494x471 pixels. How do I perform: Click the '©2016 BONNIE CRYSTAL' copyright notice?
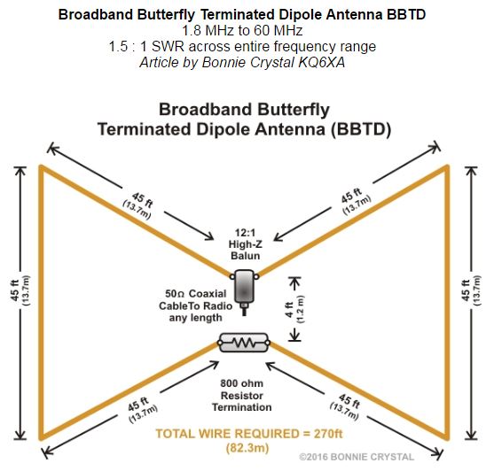357,457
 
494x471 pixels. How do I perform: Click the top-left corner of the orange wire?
39,166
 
